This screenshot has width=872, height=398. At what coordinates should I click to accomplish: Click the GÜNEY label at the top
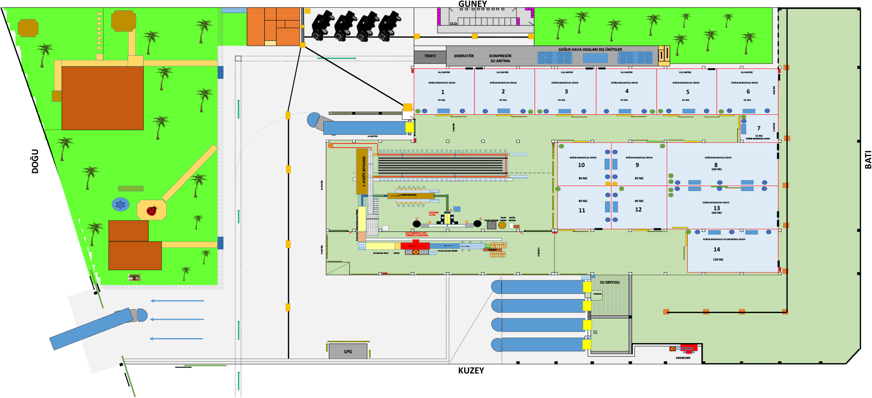tap(472, 4)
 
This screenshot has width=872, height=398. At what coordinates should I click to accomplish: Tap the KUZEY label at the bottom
tap(471, 370)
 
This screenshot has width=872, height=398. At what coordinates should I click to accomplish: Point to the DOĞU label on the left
tap(35, 161)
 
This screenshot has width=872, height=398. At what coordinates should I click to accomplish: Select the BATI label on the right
tap(868, 160)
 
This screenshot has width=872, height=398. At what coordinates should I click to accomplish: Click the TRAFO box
tap(430, 56)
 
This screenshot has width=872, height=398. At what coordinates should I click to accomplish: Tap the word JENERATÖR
tap(463, 56)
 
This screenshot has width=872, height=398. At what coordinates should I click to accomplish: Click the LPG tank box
tap(348, 351)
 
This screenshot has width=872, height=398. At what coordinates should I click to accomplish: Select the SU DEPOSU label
tap(609, 282)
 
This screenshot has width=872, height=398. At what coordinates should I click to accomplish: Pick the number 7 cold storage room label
tap(758, 128)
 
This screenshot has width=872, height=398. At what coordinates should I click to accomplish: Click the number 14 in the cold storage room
tap(717, 249)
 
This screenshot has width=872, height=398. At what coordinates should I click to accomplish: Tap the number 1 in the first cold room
tap(443, 92)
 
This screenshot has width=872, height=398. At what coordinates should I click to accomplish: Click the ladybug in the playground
tap(152, 211)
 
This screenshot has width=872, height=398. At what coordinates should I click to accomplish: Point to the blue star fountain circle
tap(120, 204)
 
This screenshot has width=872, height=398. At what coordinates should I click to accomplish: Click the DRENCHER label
tap(683, 358)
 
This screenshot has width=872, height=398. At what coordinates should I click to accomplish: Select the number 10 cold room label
tap(581, 165)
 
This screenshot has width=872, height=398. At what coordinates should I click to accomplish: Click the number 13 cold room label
tap(717, 208)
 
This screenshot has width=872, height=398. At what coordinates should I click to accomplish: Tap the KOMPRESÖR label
tap(500, 56)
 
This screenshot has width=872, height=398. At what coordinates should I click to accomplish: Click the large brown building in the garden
tap(102, 98)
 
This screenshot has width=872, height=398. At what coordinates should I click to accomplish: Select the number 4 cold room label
tap(627, 91)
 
